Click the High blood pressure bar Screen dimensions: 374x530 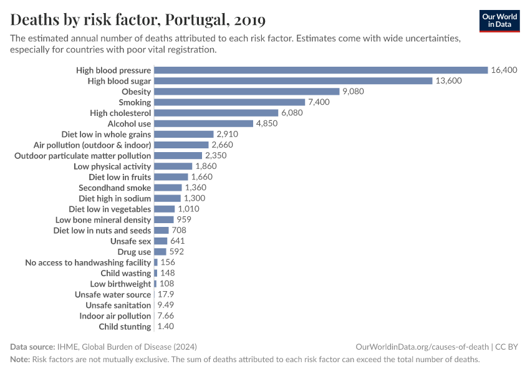(x=320, y=70)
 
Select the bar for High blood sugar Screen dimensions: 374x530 (x=293, y=80)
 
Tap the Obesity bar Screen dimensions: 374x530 (x=246, y=92)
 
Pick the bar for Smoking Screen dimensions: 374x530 (x=229, y=102)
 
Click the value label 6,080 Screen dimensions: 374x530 (x=292, y=113)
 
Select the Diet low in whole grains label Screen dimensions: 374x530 (x=106, y=134)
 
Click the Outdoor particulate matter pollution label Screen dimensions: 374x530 (x=83, y=155)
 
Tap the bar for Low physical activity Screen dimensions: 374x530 (x=173, y=166)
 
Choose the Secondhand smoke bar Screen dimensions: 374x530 (x=168, y=188)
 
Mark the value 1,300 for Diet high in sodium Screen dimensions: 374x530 (x=195, y=198)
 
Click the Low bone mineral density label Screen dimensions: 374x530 (x=103, y=219)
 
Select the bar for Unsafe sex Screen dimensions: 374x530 (x=160, y=241)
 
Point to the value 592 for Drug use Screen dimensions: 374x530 (x=176, y=252)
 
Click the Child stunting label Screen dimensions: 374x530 (x=125, y=327)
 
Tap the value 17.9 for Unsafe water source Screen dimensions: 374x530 (x=165, y=294)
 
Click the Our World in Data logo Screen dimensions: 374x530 (x=499, y=21)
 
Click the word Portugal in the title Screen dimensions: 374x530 (x=195, y=20)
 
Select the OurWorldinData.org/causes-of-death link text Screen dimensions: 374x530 (x=422, y=347)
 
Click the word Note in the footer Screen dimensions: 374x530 (x=19, y=360)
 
